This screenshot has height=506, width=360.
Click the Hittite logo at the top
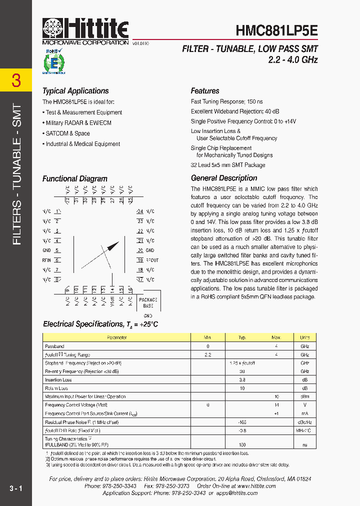[85, 31]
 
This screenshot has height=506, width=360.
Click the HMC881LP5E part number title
[276, 31]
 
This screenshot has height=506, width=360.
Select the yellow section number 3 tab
[16, 80]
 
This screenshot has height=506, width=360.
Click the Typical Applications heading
[75, 91]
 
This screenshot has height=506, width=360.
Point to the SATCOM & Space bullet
[67, 133]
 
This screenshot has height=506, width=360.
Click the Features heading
[205, 91]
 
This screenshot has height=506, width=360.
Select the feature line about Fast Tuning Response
[230, 101]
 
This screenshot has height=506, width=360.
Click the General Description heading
[224, 178]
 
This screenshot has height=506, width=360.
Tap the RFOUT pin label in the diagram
[152, 260]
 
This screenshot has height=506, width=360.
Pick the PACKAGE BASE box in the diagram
[148, 302]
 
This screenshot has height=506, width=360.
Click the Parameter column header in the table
[117, 337]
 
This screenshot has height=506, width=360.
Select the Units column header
[304, 337]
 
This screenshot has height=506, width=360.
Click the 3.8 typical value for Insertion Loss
[242, 380]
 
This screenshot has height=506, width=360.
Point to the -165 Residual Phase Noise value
[242, 422]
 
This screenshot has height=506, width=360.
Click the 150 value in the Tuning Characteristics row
[242, 444]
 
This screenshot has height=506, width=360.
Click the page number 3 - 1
[16, 488]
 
